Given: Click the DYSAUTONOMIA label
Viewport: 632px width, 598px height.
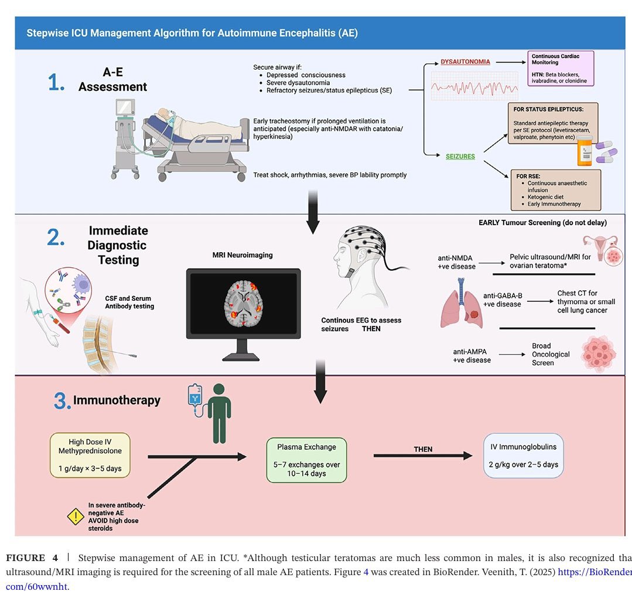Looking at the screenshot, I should point(465,62).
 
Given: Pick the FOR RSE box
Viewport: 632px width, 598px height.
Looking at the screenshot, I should point(555,189).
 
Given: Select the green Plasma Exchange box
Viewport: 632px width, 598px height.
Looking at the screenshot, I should point(306,460).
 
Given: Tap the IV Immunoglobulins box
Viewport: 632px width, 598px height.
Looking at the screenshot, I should point(524,456).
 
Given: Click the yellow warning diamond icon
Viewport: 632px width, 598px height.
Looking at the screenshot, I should point(76,516).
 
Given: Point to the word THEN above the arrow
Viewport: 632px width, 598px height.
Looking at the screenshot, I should point(423,449).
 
